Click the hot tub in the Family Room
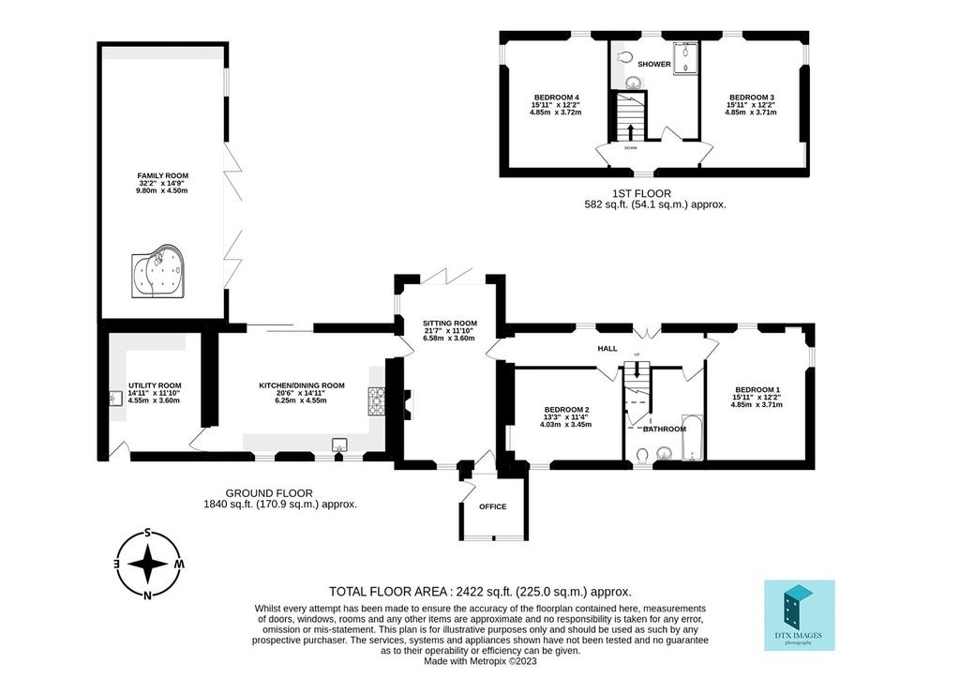157,271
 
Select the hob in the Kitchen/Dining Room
376,401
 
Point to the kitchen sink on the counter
339,445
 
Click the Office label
493,506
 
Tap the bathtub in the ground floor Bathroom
693,437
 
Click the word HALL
607,348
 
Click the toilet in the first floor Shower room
623,57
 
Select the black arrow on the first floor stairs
631,131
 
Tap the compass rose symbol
147,564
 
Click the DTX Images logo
800,614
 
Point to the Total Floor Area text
480,592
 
